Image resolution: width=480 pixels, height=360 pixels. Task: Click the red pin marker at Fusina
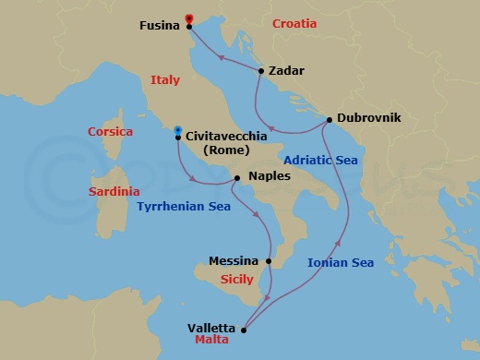(x=189, y=18)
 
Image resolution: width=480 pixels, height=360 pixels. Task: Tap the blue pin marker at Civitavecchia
(x=178, y=130)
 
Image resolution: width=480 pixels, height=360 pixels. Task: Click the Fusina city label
(x=159, y=26)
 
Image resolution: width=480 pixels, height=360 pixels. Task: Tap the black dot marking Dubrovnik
(x=330, y=119)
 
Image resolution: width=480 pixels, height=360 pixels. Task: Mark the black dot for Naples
(x=237, y=176)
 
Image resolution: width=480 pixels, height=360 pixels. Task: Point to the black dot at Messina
(x=269, y=261)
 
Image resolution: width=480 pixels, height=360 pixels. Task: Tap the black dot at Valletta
(x=244, y=328)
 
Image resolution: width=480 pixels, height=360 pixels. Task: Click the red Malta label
(x=212, y=340)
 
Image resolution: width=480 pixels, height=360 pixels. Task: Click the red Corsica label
(x=110, y=132)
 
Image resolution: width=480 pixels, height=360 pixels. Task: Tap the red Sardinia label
(x=114, y=192)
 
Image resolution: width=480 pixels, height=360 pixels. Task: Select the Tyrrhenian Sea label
(x=184, y=207)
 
